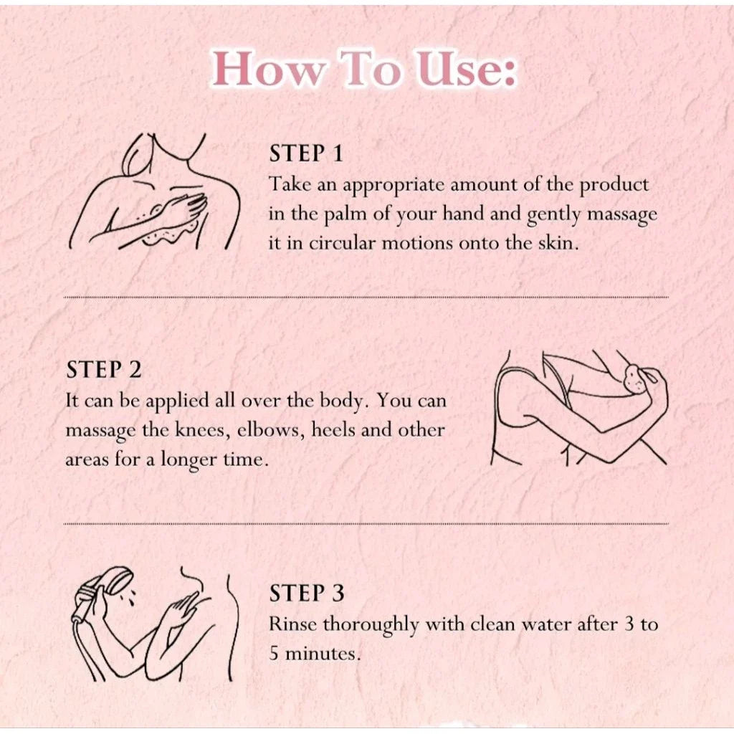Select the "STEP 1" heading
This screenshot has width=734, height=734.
coord(306,153)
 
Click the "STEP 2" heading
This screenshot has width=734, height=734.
coord(103,369)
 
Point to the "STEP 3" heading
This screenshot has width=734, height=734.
coord(307,593)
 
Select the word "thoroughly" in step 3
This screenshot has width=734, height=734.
coord(370,625)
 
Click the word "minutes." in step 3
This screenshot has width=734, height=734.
coord(323,653)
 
